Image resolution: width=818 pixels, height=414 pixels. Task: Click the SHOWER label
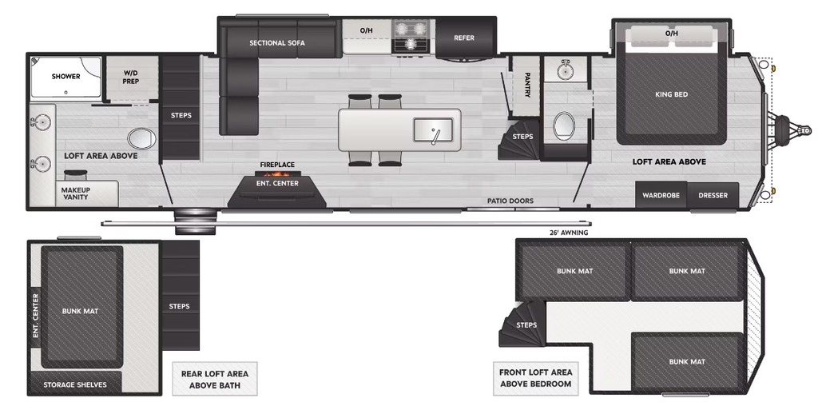[66, 76]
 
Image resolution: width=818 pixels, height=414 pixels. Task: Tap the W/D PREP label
[130, 78]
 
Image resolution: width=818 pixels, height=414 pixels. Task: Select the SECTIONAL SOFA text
[277, 43]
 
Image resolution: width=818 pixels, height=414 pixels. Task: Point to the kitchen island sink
[433, 130]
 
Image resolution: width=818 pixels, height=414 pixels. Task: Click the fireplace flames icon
[277, 173]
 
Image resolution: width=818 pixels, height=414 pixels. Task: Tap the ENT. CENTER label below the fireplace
[277, 183]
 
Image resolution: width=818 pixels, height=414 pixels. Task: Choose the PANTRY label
[527, 85]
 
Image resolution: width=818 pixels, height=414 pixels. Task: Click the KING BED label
[671, 94]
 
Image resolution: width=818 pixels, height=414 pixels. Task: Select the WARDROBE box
[661, 195]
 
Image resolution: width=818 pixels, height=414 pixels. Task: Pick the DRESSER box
[713, 195]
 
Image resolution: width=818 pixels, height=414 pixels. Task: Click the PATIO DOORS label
[510, 201]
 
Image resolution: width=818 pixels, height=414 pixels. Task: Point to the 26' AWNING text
[568, 233]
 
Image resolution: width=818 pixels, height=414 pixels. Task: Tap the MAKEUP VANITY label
[76, 193]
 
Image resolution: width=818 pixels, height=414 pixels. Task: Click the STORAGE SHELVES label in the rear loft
[74, 384]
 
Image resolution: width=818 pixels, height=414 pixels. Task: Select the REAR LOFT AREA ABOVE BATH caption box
[215, 380]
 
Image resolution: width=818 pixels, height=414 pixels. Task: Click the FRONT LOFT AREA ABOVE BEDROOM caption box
[536, 379]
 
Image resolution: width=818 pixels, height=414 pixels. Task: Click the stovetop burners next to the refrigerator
[412, 37]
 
